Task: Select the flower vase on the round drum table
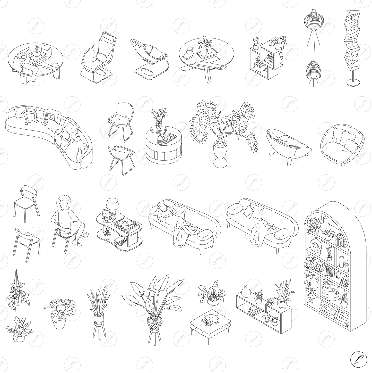(x=159, y=124)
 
